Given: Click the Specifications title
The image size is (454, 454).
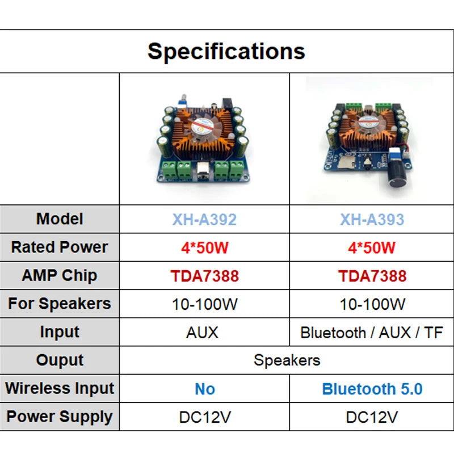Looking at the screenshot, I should pos(226,51).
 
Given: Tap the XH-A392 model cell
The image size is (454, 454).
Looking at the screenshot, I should pos(204,219).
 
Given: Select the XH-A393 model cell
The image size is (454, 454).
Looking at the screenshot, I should pos(372,219).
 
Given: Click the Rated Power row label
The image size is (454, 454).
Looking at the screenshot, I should pos(60,247).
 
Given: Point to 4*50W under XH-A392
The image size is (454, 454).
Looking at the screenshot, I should pos(204,247).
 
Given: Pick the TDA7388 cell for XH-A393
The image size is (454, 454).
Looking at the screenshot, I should pos(372,276).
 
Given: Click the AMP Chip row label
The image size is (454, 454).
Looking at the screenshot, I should pos(60,276).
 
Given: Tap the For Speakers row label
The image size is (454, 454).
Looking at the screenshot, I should pos(60,304).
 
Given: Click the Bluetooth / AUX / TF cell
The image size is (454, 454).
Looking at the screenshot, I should pos(372,332).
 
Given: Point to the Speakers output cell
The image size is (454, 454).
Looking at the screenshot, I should pos(287,360).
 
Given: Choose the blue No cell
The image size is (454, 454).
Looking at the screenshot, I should pos(204,389).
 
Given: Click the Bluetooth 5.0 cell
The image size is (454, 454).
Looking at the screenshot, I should pos(372,389).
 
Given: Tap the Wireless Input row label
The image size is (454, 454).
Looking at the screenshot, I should pos(60,389).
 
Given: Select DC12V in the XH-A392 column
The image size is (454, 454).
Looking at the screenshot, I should pos(204,417).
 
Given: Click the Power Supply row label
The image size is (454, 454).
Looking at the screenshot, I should pos(60,417).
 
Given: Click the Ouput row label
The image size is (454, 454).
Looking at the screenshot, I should pos(60,360).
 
